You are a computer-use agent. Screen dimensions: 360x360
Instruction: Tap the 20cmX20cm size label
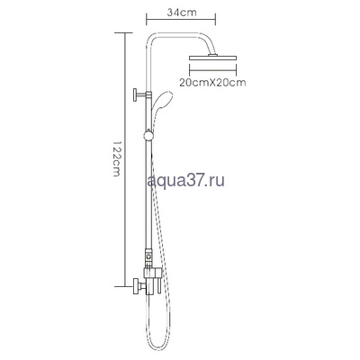(x=213, y=82)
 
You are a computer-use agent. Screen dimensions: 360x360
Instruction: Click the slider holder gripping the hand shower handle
(x=147, y=138)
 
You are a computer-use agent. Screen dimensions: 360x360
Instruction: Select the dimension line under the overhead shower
(x=213, y=71)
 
